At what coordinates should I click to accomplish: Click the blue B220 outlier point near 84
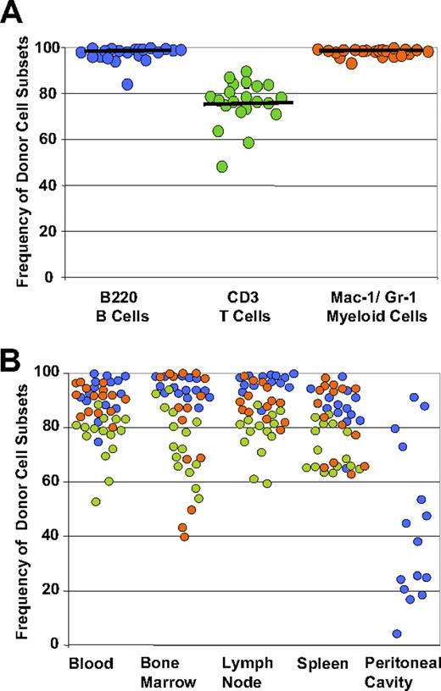[127, 84]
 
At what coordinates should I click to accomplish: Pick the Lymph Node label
[253, 670]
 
